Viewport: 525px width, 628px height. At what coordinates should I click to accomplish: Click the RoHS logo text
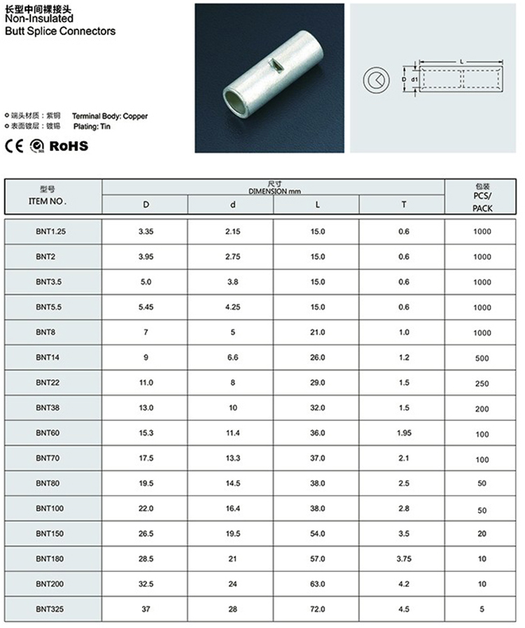69,145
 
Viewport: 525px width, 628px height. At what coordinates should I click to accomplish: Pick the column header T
403,205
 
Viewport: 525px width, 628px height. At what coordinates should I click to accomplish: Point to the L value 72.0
317,609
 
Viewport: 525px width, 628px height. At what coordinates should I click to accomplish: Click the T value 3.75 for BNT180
403,559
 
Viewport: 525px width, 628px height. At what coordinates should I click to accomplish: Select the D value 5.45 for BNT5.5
146,307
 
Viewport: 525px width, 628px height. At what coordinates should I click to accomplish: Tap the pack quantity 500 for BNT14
482,358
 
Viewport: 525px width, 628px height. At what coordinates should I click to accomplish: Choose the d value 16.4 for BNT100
232,508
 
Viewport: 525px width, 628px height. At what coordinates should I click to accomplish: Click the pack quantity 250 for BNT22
482,383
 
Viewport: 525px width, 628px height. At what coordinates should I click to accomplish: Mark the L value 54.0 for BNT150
317,534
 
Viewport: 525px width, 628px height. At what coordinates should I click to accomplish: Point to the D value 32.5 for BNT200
146,584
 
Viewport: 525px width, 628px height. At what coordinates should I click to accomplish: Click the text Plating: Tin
92,127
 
